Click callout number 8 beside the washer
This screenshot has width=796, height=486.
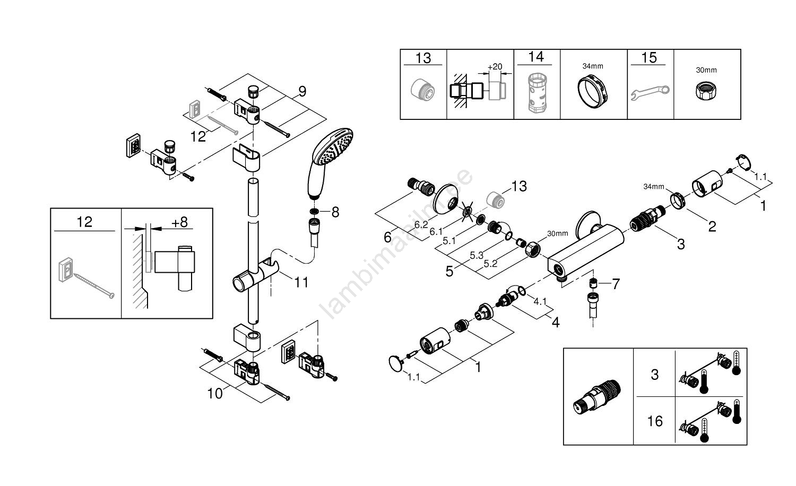[335, 212]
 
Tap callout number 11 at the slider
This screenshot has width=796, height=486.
[301, 282]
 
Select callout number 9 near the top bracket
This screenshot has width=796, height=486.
[302, 92]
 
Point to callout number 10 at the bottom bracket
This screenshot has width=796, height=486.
[215, 394]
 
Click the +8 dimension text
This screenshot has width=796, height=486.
[180, 222]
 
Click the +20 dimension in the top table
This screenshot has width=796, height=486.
[495, 66]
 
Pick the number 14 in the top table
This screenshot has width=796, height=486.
[536, 57]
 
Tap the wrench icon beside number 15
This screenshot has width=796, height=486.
[650, 92]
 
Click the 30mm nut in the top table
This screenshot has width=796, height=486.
[706, 91]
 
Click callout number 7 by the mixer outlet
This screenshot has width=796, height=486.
[616, 284]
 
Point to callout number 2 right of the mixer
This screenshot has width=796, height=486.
[712, 227]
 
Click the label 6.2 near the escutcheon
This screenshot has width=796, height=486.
[421, 225]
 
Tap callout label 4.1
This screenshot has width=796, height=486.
[540, 301]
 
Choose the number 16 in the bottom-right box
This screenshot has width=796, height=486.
[655, 421]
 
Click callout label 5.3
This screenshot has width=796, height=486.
[476, 255]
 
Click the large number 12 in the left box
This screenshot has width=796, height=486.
[84, 221]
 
